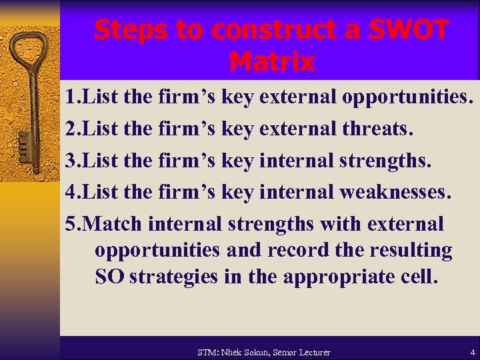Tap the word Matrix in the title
[271, 62]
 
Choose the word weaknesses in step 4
[395, 193]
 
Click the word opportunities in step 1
[407, 97]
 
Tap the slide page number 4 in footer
[472, 351]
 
